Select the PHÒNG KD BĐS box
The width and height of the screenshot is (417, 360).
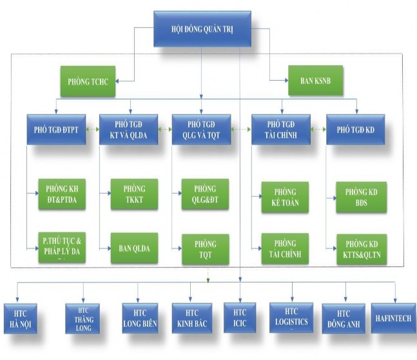point(361,196)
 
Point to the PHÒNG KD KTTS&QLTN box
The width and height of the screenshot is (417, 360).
point(361,250)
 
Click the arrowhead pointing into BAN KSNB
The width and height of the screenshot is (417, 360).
point(285,81)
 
